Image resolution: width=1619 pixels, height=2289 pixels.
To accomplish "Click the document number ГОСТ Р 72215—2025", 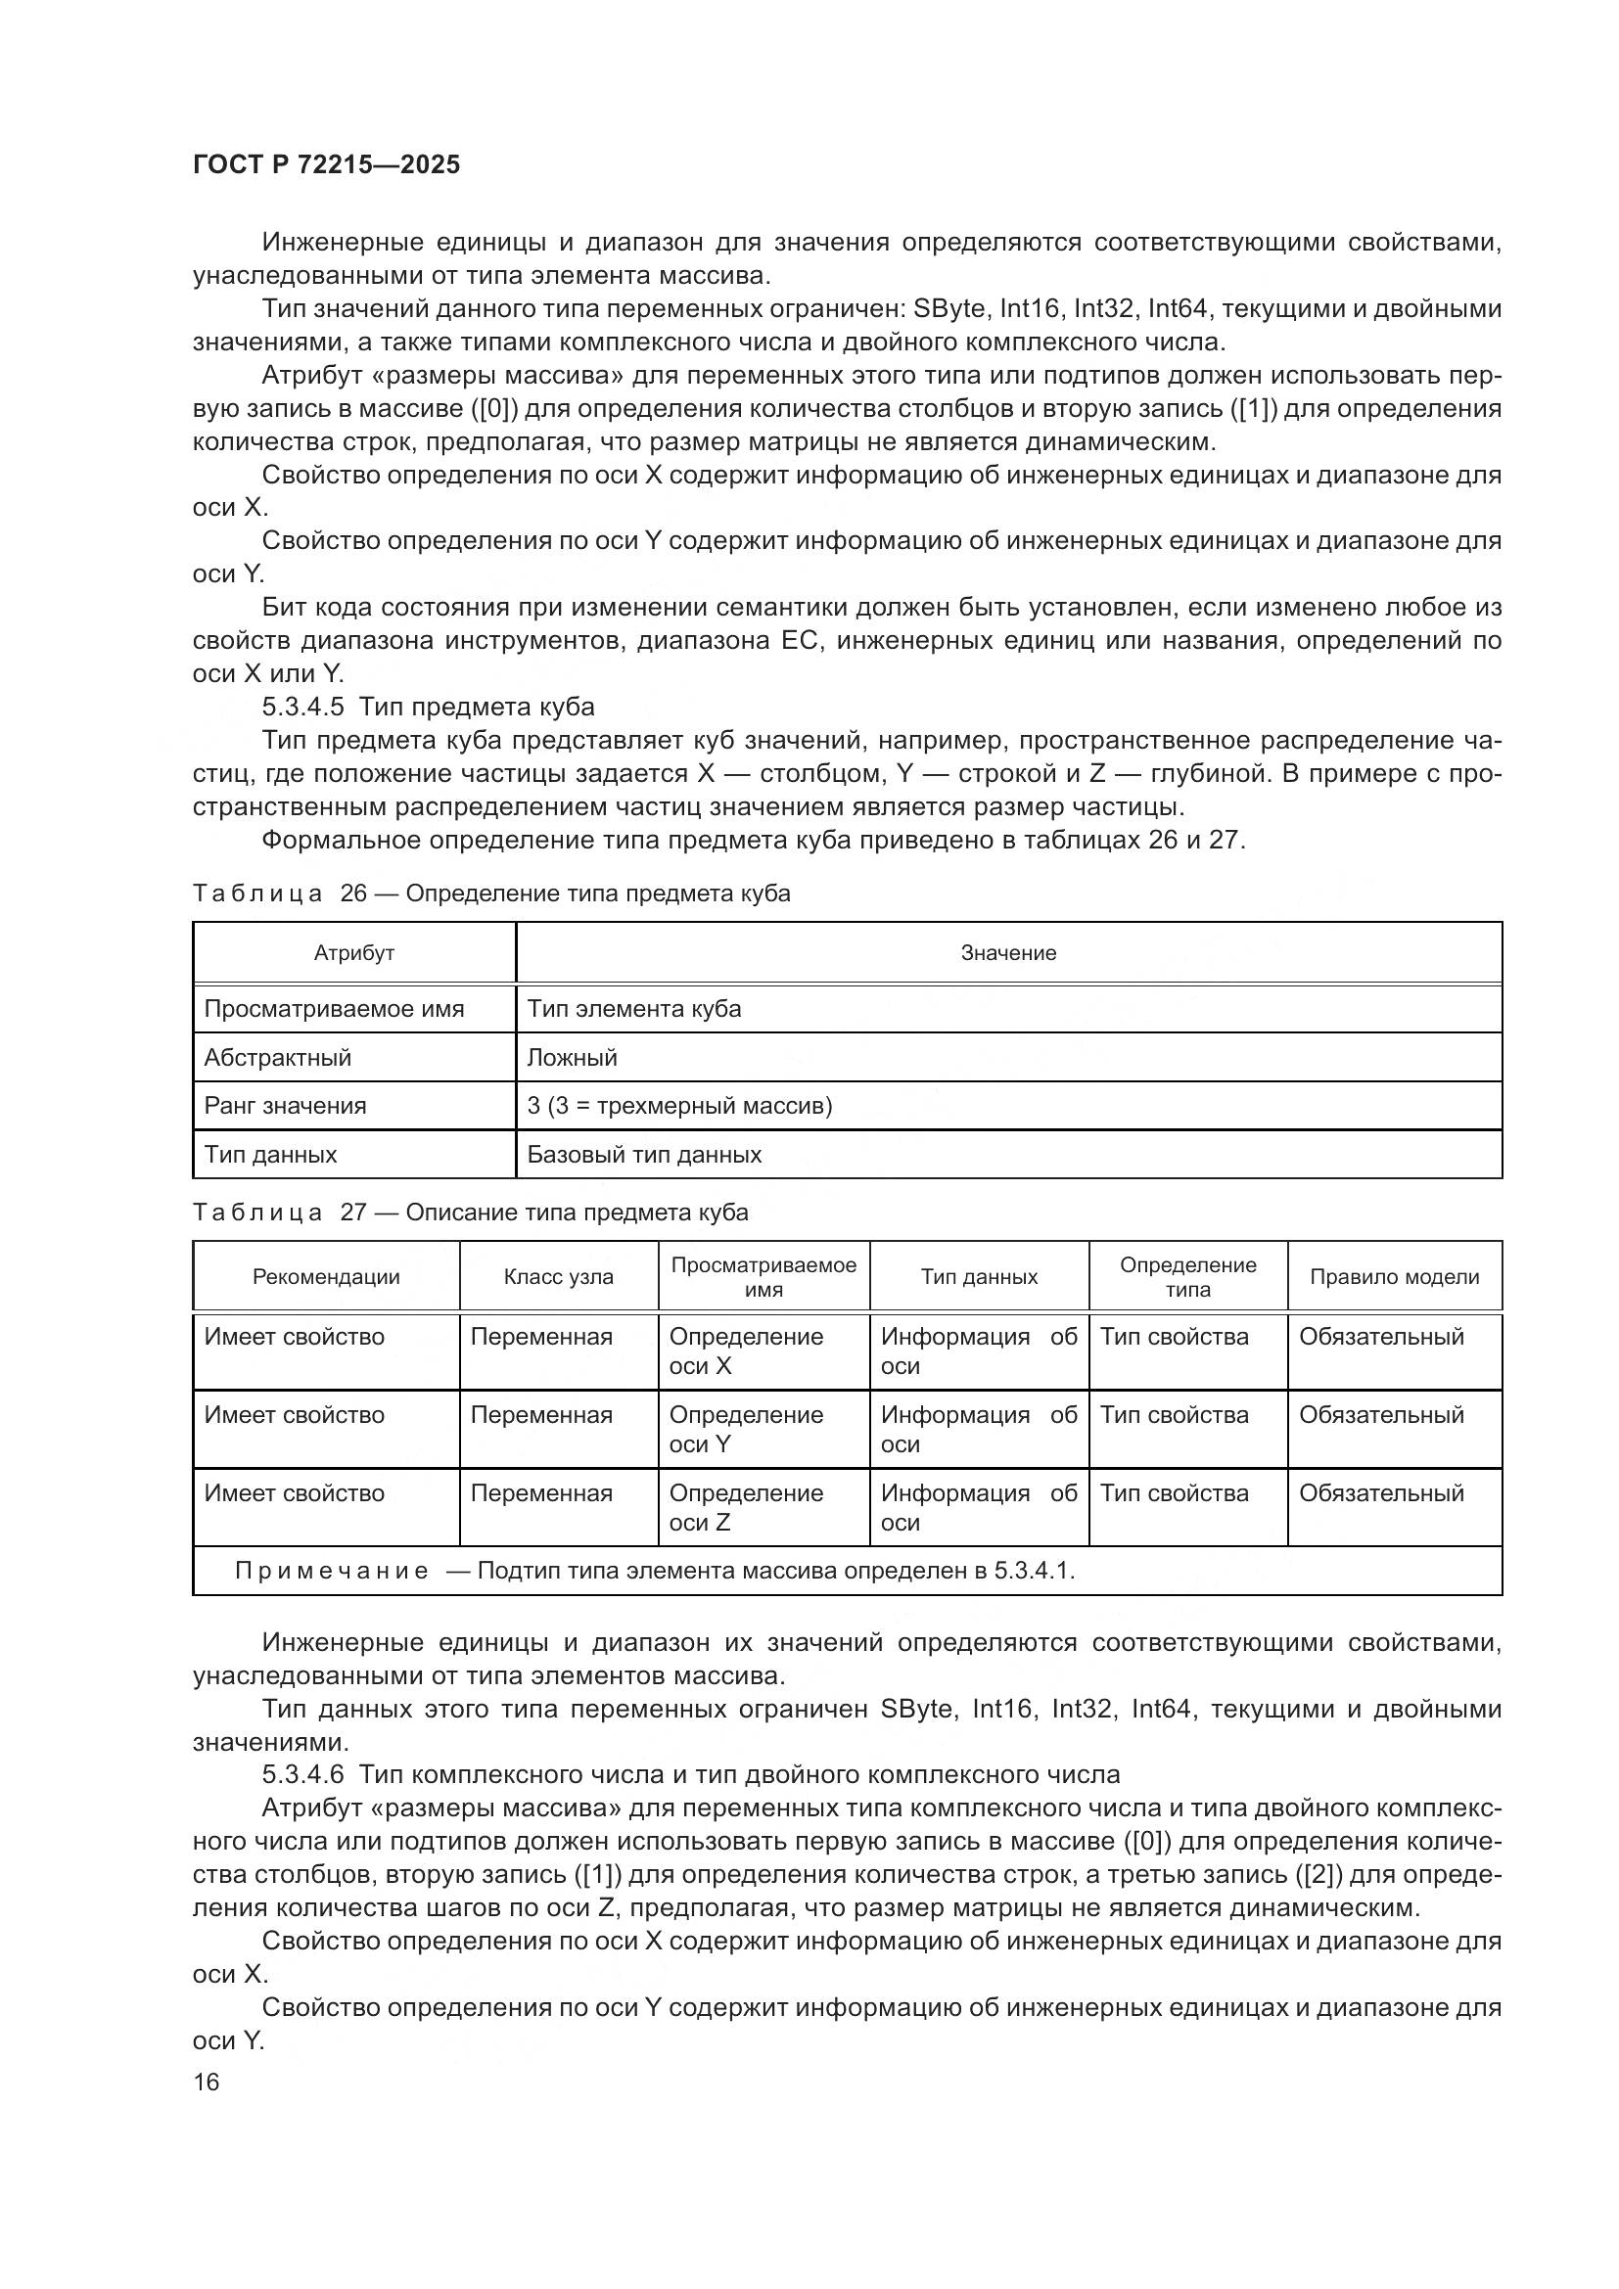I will coord(326,165).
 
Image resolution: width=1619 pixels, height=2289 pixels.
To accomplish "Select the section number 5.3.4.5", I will coord(302,707).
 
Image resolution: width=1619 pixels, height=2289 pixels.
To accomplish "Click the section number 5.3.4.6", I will coord(302,1774).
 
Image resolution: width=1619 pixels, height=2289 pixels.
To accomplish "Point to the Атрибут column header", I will coord(354,953).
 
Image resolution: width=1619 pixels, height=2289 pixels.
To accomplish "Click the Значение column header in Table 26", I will coord(1008,953).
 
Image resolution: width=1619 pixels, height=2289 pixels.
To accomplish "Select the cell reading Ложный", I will coord(573,1058).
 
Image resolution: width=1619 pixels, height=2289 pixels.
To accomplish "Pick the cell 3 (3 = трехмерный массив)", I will coord(679,1106).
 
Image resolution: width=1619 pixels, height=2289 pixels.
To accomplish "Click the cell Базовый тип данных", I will coord(644,1155).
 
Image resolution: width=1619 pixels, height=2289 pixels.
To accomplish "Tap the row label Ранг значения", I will coord(285,1106).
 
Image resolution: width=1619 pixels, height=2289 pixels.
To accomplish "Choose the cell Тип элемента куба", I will coord(634,1009).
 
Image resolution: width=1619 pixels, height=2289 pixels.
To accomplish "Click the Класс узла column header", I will coord(558,1277).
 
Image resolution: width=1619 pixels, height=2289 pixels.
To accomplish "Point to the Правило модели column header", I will coord(1394,1277).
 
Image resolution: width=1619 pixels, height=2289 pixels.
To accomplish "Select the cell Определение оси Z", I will coord(746,1507).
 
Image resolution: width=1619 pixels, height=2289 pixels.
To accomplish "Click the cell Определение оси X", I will coord(746,1351).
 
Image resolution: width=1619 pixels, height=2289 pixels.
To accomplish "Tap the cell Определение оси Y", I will coord(746,1429).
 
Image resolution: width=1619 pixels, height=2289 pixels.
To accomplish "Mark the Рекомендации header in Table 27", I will coord(326,1277).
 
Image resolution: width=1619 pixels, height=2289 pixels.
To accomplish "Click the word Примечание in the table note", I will coord(331,1572).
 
